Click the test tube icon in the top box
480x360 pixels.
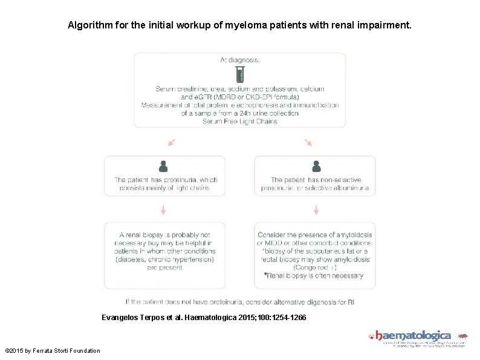(239, 74)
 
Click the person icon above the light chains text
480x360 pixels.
(163, 166)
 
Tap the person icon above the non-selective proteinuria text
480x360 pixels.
(316, 166)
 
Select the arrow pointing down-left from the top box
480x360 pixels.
(172, 143)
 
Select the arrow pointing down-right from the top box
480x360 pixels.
(308, 143)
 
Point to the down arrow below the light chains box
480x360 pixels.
(163, 210)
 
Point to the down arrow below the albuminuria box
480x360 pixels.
(316, 210)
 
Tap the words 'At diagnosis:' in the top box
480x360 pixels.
(240, 60)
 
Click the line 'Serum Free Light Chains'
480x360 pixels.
(240, 121)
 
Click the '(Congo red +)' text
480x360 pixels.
(315, 267)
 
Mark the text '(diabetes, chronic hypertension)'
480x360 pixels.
(164, 259)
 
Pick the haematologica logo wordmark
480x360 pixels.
(414, 335)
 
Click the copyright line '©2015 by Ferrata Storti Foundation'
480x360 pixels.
(53, 350)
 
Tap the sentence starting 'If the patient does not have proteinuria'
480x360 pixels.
(240, 301)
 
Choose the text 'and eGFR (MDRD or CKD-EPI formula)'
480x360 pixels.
(240, 97)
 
